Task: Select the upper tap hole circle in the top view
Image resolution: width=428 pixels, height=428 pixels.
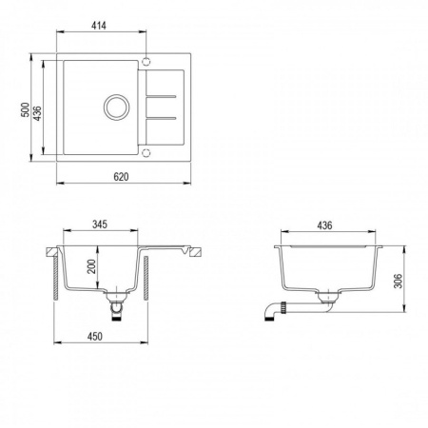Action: tap(146, 64)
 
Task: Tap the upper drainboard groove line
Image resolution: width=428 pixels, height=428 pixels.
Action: tap(162, 93)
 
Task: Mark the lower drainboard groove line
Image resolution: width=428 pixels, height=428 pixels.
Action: tap(162, 116)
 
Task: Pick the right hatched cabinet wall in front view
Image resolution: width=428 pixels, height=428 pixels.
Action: tap(145, 285)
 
